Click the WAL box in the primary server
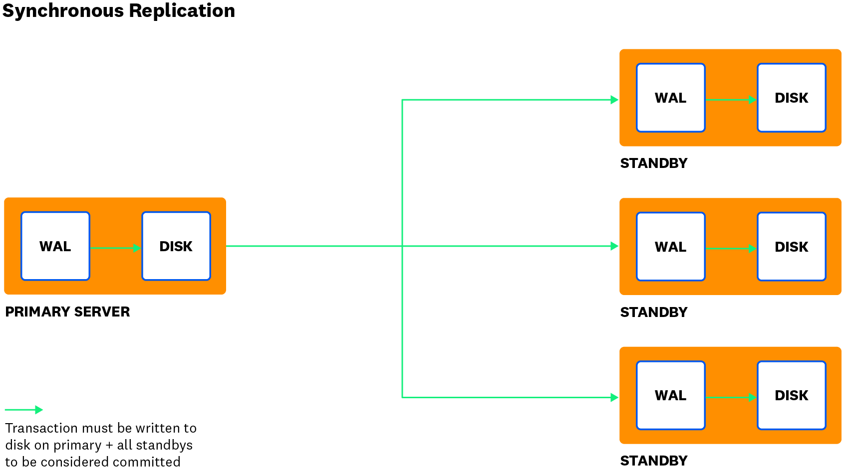click(x=55, y=246)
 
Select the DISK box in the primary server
click(x=176, y=246)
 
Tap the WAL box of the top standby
click(x=671, y=98)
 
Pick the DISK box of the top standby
click(x=792, y=98)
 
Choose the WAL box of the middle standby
click(x=671, y=247)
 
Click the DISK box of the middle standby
click(x=792, y=247)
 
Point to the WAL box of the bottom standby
click(x=671, y=395)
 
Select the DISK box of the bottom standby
click(x=792, y=395)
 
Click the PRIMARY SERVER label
click(x=68, y=312)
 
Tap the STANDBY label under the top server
click(x=654, y=163)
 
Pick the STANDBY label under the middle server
click(x=654, y=313)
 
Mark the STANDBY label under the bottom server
click(x=654, y=461)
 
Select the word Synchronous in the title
click(x=63, y=10)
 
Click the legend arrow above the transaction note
click(x=24, y=410)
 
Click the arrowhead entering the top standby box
click(x=615, y=100)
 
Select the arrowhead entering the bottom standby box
click(x=615, y=397)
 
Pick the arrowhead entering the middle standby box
click(x=615, y=246)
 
